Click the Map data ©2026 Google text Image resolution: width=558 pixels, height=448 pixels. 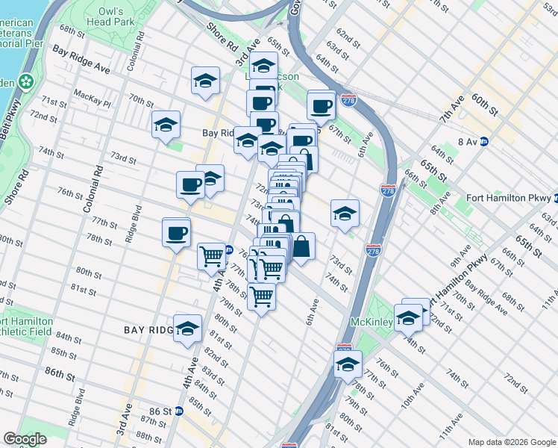click(x=512, y=442)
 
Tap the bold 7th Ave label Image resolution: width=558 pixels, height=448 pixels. click(x=451, y=109)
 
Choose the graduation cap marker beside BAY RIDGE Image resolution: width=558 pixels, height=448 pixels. click(x=187, y=329)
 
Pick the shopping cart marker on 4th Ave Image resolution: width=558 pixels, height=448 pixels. click(x=212, y=256)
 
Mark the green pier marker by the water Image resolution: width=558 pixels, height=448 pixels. click(x=27, y=80)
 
